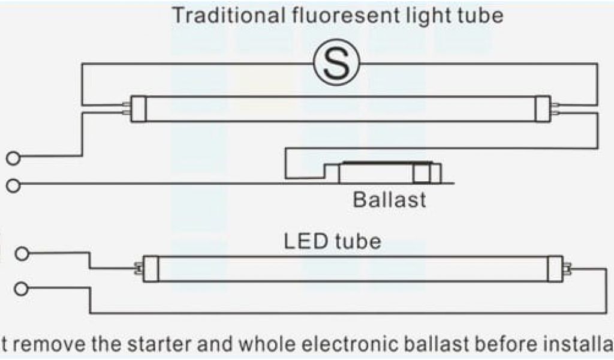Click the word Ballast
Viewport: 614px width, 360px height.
(390, 200)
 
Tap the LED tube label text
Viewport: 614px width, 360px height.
(332, 242)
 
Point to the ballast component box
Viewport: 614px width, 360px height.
(390, 173)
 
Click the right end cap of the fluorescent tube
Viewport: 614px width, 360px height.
(543, 108)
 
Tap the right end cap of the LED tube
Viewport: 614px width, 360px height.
(556, 269)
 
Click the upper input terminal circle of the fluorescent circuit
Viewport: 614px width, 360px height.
(13, 158)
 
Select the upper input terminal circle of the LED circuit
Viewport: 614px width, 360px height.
(22, 254)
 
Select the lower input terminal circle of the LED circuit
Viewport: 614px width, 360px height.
(22, 289)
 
